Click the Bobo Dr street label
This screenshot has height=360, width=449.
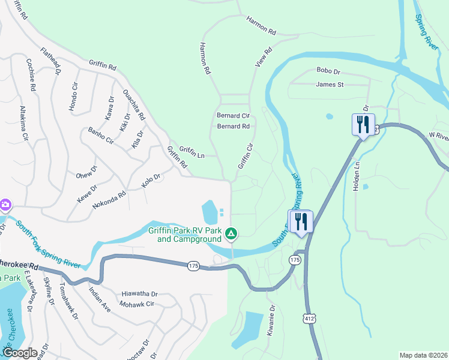tap(328, 70)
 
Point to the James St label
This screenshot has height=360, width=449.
tap(330, 85)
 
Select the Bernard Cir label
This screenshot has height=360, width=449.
tap(233, 115)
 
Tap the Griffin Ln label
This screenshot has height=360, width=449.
tap(192, 154)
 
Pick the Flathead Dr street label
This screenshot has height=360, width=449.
tap(52, 61)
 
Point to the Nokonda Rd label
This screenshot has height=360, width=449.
tap(109, 200)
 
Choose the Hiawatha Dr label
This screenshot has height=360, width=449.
tap(139, 294)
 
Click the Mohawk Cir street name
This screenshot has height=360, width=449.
tap(138, 304)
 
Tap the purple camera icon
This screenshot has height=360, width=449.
tap(5, 205)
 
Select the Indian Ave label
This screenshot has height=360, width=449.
tap(100, 299)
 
